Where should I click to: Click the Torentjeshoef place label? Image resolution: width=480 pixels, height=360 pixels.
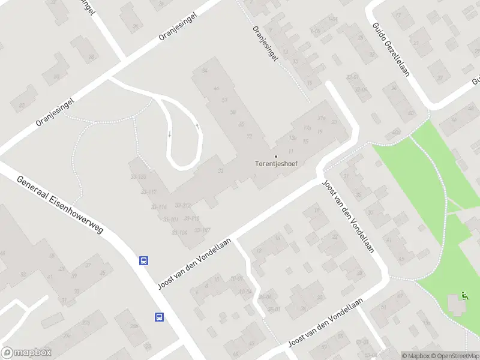pos(277,163)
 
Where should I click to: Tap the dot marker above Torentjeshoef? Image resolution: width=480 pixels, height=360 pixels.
pos(277,157)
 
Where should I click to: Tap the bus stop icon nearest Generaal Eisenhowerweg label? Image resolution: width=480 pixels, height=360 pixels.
pos(144,260)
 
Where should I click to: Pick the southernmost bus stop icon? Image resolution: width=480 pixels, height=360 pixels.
pos(160,317)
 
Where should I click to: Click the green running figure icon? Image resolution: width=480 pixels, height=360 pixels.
pos(464,295)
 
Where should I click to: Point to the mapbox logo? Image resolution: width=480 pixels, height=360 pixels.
pos(26,353)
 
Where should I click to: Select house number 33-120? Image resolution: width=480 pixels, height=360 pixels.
pos(139,176)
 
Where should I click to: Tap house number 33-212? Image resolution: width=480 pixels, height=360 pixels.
pos(182,205)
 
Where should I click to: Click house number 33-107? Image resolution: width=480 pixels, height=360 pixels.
pos(202,230)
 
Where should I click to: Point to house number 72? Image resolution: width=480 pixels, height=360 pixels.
pos(249,136)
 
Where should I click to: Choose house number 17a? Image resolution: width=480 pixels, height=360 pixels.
pos(307,128)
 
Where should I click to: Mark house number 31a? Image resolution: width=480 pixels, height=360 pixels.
pos(322,118)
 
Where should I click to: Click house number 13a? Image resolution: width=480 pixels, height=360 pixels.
pos(293,137)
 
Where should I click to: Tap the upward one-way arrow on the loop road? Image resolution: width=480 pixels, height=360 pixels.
pos(197,127)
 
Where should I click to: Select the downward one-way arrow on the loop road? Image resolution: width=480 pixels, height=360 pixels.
pos(169,134)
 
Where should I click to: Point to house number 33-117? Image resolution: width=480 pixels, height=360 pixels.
pos(148,191)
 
